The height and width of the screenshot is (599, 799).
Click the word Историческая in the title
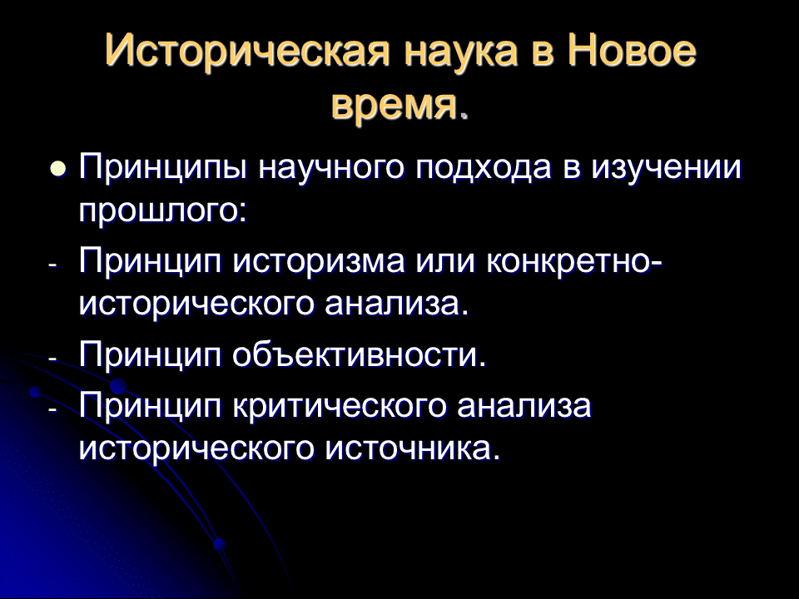click(x=248, y=51)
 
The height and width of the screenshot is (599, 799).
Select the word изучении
click(x=666, y=168)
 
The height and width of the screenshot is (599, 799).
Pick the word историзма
click(x=319, y=262)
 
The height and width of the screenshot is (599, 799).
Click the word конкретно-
click(x=574, y=262)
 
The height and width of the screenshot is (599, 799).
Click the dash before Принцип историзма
click(x=53, y=265)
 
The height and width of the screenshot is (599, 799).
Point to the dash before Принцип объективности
click(x=53, y=358)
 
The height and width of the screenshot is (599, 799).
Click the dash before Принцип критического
click(x=53, y=409)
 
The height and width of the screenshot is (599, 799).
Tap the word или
click(x=446, y=262)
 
